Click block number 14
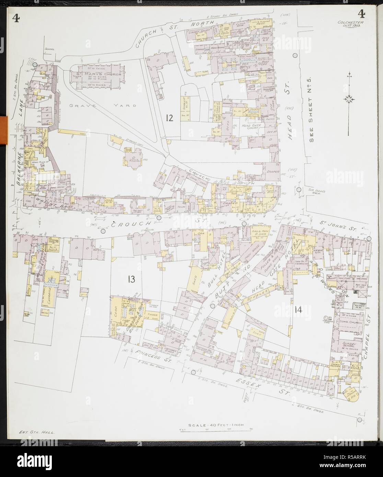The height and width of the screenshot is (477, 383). [297, 310]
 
